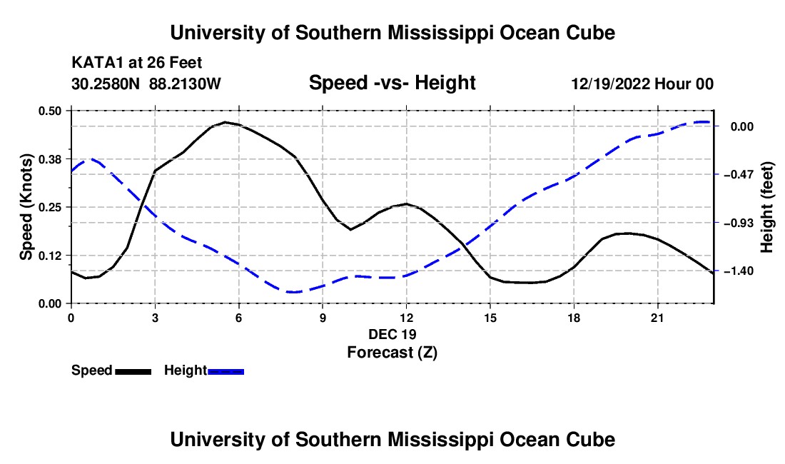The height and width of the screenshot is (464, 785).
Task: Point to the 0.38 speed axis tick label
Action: tap(49, 159)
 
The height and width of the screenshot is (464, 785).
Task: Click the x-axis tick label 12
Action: tap(407, 318)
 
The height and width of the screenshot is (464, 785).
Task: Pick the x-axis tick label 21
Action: tap(657, 318)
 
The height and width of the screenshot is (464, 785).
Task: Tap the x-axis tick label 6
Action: tap(239, 318)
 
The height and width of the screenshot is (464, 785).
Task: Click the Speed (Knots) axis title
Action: tap(26, 207)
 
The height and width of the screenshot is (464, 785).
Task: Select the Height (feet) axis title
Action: tap(767, 207)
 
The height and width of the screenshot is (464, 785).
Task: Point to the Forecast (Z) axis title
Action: tap(392, 353)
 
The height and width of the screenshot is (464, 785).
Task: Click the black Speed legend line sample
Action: tap(133, 371)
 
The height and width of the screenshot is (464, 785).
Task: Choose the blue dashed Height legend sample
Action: tap(226, 371)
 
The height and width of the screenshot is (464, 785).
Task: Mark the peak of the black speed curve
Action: tap(226, 121)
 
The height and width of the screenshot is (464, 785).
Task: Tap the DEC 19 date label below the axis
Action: tap(392, 334)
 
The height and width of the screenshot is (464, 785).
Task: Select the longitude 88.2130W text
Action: tap(186, 84)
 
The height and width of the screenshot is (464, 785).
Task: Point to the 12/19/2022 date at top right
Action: tap(611, 84)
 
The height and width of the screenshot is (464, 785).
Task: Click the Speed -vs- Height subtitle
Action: tap(392, 83)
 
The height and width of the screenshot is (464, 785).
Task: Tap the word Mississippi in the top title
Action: tap(441, 33)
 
